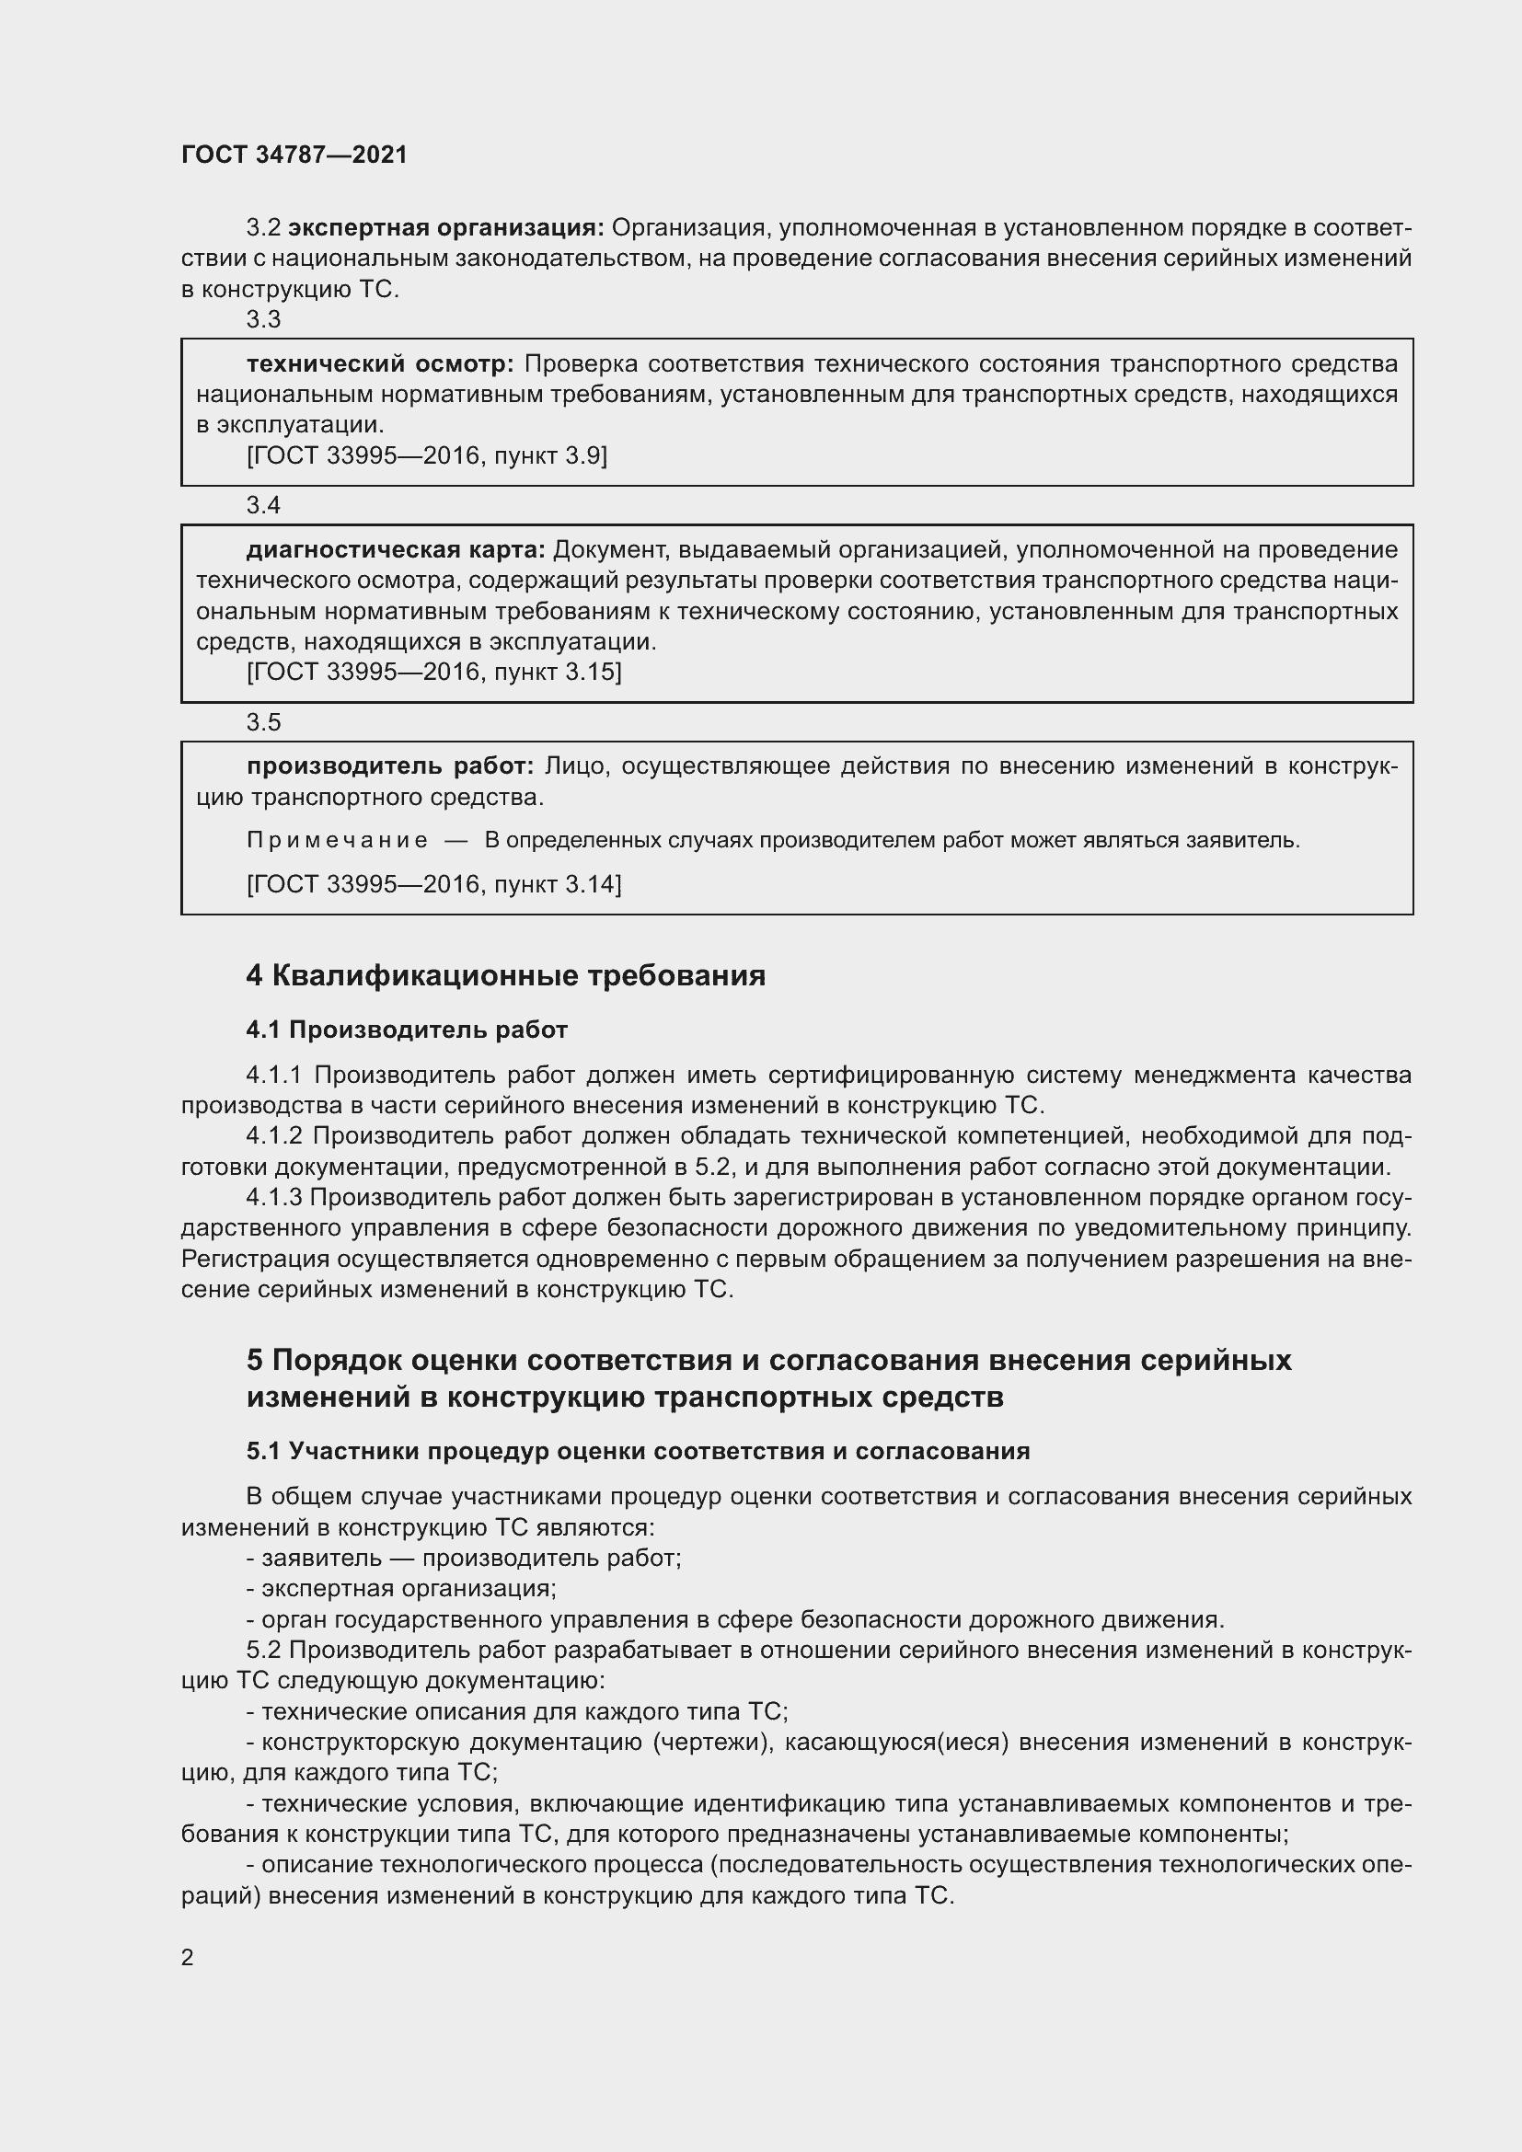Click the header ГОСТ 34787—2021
pyautogui.click(x=294, y=155)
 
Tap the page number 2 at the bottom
pyautogui.click(x=188, y=1957)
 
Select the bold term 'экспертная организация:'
pyautogui.click(x=446, y=228)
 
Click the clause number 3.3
pyautogui.click(x=263, y=319)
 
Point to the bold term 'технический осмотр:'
pyautogui.click(x=379, y=363)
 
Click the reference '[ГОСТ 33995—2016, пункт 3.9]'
pyautogui.click(x=426, y=455)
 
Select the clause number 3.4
pyautogui.click(x=263, y=505)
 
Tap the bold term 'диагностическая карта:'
pyautogui.click(x=396, y=549)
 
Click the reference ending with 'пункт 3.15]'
pyautogui.click(x=434, y=672)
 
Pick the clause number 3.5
pyautogui.click(x=263, y=722)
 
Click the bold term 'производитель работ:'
pyautogui.click(x=390, y=766)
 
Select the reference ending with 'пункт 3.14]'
pyautogui.click(x=434, y=884)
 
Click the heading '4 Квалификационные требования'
pyautogui.click(x=505, y=975)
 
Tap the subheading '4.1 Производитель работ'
pyautogui.click(x=407, y=1030)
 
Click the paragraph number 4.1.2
pyautogui.click(x=273, y=1136)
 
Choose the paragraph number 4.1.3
pyautogui.click(x=273, y=1198)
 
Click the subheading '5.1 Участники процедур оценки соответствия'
pyautogui.click(x=638, y=1451)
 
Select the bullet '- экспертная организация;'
pyautogui.click(x=401, y=1589)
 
